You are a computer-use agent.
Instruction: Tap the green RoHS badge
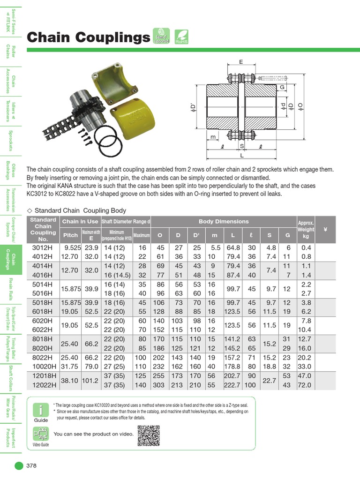tap(181, 36)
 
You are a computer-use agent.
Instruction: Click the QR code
tap(150, 435)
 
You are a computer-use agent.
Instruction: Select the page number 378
tap(31, 465)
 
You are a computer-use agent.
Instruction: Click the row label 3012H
tap(43, 247)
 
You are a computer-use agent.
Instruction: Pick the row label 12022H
tap(43, 384)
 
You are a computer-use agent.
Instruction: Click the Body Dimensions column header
tap(224, 221)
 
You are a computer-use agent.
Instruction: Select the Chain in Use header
tap(80, 221)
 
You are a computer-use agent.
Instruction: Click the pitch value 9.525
tap(73, 247)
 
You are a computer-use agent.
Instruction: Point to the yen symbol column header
tap(325, 230)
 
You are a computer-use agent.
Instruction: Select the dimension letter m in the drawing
tap(213, 137)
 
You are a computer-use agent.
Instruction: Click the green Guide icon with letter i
tap(41, 411)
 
